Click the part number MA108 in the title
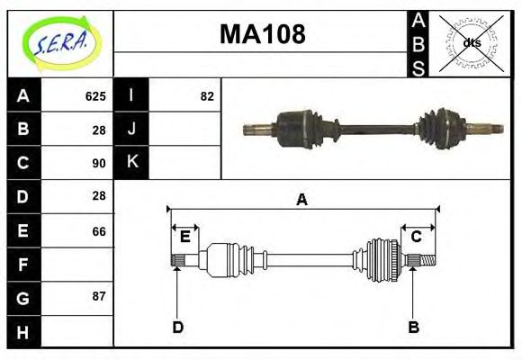point(263,35)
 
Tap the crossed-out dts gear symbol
point(471,42)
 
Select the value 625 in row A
point(95,95)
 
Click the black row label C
point(23,163)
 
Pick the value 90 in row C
point(99,163)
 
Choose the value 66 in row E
point(99,231)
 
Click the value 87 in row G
point(99,296)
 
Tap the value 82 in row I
point(207,95)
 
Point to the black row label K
point(131,162)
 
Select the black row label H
point(23,332)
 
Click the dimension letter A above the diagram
point(301,200)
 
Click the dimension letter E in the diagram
point(184,237)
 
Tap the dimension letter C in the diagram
point(417,237)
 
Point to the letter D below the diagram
point(177,327)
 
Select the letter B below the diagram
point(413,327)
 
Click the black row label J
point(131,129)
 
